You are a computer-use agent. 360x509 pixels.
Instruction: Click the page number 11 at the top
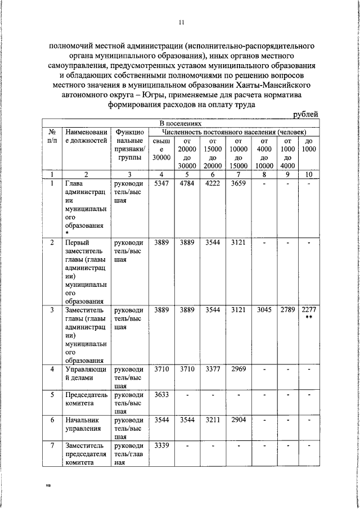pos(181,22)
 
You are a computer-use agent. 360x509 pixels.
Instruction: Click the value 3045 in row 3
pos(264,310)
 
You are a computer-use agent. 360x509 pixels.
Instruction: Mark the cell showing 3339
pos(161,445)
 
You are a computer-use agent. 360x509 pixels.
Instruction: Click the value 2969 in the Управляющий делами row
pos(238,369)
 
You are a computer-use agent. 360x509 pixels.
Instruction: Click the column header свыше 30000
pos(161,149)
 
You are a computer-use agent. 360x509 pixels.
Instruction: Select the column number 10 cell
pos(308,174)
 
